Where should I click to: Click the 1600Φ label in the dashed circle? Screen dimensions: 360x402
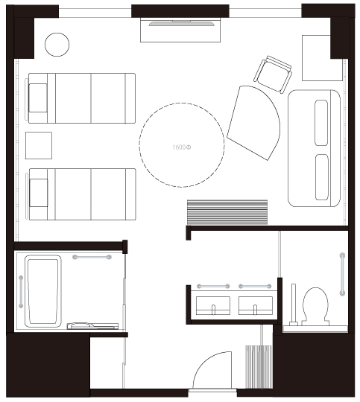point(182,147)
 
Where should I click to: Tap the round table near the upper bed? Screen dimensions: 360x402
point(57,45)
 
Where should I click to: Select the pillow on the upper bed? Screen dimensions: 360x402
point(38,98)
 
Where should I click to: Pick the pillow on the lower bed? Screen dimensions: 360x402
point(39,193)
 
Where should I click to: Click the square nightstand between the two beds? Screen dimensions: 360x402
point(39,145)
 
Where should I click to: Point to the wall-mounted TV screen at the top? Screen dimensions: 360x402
point(181,24)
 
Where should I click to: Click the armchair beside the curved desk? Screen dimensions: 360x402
point(273,74)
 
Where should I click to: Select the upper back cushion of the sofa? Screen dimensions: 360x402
point(321,123)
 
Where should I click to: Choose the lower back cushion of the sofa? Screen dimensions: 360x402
point(322,177)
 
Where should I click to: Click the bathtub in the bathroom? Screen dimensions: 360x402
point(43,291)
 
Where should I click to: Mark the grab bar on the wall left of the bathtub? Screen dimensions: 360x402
point(21,292)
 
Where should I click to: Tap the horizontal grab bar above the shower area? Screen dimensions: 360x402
point(92,257)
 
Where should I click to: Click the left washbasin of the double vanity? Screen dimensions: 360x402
point(213,306)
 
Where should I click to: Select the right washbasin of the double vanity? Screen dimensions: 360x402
point(256,306)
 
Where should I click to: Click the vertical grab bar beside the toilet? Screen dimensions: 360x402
point(342,274)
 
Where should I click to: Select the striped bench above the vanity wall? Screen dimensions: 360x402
point(227,212)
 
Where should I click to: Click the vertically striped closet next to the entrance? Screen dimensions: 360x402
point(259,367)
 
